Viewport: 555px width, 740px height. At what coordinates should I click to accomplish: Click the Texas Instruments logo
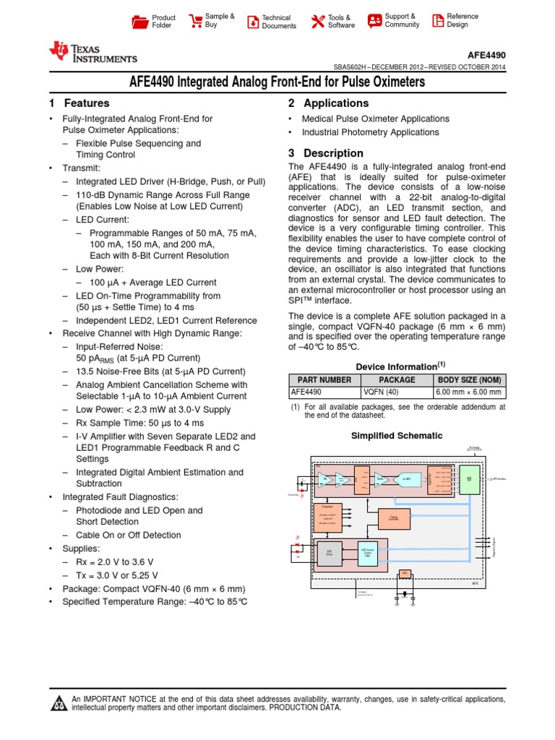[x=92, y=52]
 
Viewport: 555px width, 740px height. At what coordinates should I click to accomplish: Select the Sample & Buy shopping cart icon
[x=195, y=20]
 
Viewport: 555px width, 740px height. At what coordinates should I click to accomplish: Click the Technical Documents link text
[x=279, y=22]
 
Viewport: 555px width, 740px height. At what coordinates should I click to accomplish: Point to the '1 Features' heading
[x=79, y=103]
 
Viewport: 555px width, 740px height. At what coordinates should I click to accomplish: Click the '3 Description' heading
[x=325, y=153]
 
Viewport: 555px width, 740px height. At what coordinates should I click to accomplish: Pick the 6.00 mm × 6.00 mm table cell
[x=468, y=392]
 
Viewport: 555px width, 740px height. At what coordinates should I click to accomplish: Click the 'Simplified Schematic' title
[x=396, y=436]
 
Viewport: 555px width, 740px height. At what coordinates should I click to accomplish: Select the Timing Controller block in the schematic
[x=394, y=517]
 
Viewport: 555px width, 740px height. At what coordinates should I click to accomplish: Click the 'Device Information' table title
[x=396, y=366]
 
